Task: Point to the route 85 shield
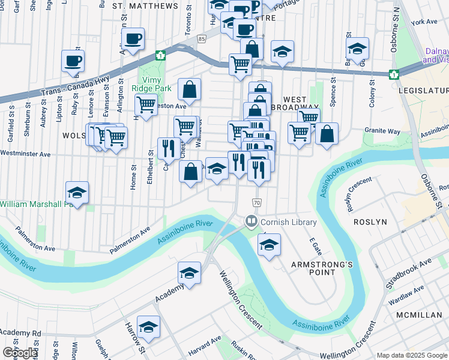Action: click(x=202, y=38)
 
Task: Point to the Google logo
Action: click(x=20, y=353)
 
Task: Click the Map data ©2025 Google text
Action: click(x=412, y=355)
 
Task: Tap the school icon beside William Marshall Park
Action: click(x=77, y=193)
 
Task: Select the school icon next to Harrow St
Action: click(x=148, y=327)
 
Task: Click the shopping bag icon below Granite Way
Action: click(x=327, y=134)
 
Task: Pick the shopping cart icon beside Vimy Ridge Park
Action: click(x=146, y=105)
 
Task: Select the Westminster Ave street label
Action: click(x=25, y=154)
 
